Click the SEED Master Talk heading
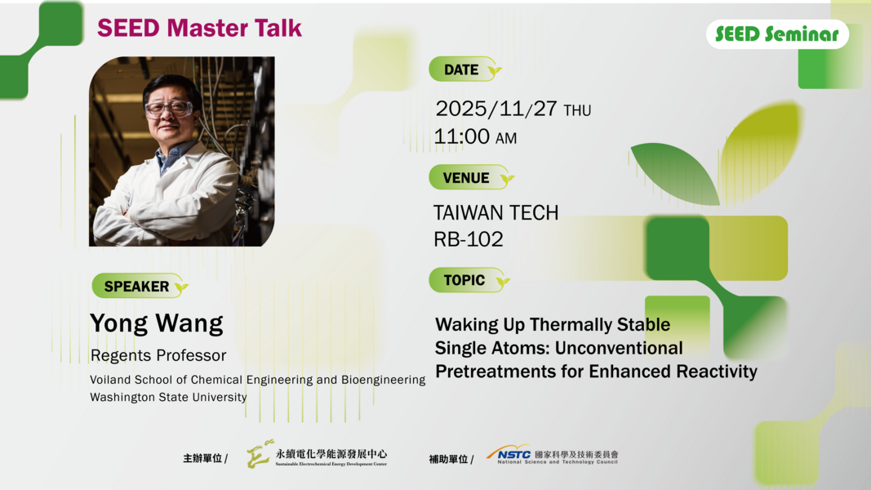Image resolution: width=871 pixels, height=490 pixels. pos(199,28)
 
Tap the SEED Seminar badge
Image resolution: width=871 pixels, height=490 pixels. pos(776,34)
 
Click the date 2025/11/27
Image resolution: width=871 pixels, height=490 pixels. pos(496,109)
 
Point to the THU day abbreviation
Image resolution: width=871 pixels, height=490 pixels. pos(577,110)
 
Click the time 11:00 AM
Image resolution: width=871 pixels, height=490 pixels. pos(475,136)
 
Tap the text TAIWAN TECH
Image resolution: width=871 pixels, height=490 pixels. pos(495,213)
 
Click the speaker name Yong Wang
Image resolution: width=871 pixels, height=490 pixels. pos(156,323)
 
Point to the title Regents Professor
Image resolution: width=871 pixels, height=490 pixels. pos(158,355)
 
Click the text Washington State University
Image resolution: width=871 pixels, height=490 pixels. pos(168,398)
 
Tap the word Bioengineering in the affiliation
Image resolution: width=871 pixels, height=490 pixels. pos(384,380)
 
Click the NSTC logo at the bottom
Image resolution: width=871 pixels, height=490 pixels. pos(552,455)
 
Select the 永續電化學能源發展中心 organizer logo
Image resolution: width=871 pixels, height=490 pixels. pos(318,455)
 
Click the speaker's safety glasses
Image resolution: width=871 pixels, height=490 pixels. pos(168,108)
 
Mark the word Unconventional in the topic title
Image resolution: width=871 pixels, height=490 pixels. pos(619,348)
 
